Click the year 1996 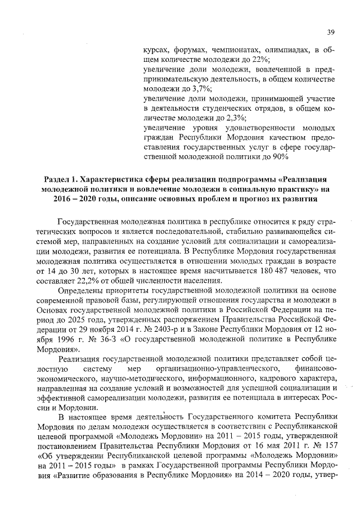coord(67,342)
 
